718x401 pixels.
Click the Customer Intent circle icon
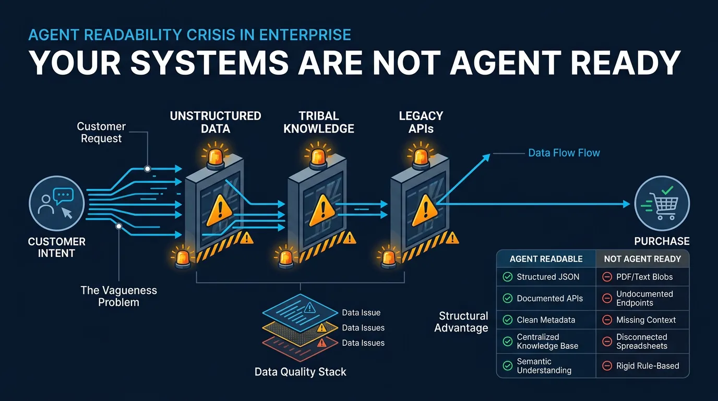click(x=56, y=204)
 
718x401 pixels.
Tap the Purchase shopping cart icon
click(x=662, y=204)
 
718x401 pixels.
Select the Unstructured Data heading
click(x=216, y=122)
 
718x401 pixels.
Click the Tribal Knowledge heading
click(x=319, y=122)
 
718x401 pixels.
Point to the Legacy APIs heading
click(x=421, y=122)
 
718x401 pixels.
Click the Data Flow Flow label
click(x=564, y=153)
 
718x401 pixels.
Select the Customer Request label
click(x=101, y=133)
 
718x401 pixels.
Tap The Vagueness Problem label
click(x=118, y=296)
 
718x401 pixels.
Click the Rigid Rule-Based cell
click(x=648, y=365)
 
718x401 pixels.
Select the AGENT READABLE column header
click(x=546, y=258)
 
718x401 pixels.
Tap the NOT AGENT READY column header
click(x=642, y=258)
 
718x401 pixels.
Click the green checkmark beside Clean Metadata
click(x=507, y=320)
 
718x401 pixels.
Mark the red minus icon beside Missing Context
click(x=607, y=320)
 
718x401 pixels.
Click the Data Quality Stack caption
click(x=300, y=372)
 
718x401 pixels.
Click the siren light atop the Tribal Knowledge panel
click(x=318, y=157)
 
